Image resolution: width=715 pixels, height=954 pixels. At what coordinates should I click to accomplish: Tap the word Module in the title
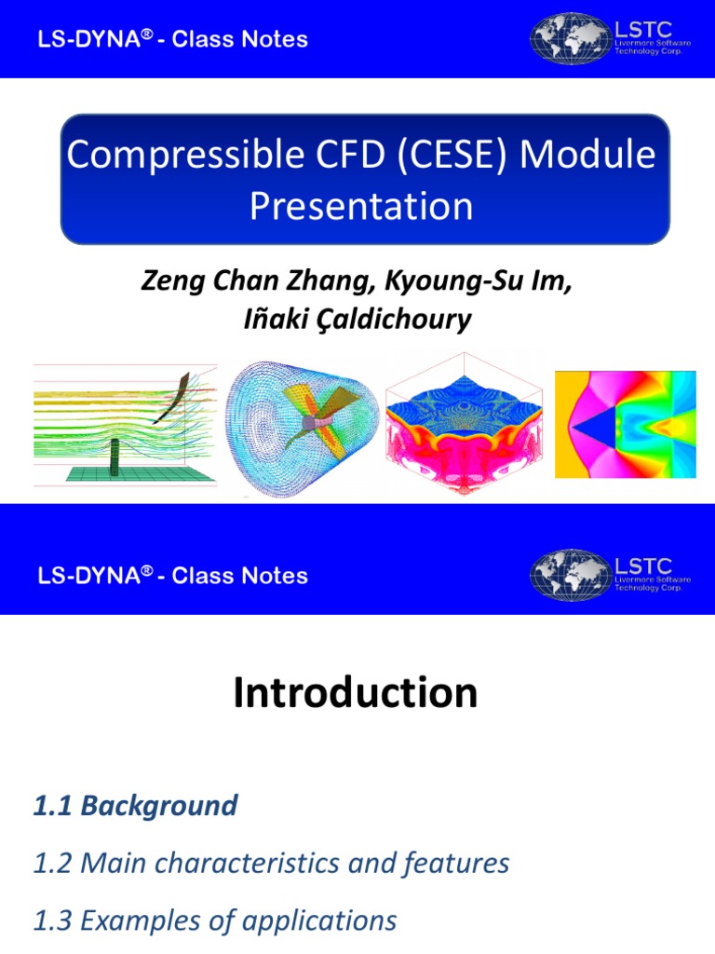point(588,155)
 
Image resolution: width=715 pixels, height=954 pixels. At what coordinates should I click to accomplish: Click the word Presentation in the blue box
point(361,206)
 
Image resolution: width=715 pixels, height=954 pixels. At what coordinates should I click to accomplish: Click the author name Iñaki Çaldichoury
point(357,320)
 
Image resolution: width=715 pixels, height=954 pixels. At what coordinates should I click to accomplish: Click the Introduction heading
point(356,693)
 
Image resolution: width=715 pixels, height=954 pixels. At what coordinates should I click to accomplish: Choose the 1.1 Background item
point(135,806)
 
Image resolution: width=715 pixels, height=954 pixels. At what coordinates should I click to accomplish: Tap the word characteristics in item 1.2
point(273,864)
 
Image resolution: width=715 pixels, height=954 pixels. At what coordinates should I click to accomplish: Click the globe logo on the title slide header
point(569,38)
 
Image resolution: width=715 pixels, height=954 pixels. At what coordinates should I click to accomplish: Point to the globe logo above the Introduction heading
point(569,576)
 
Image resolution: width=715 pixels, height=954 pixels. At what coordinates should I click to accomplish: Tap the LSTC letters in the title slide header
point(642,29)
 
